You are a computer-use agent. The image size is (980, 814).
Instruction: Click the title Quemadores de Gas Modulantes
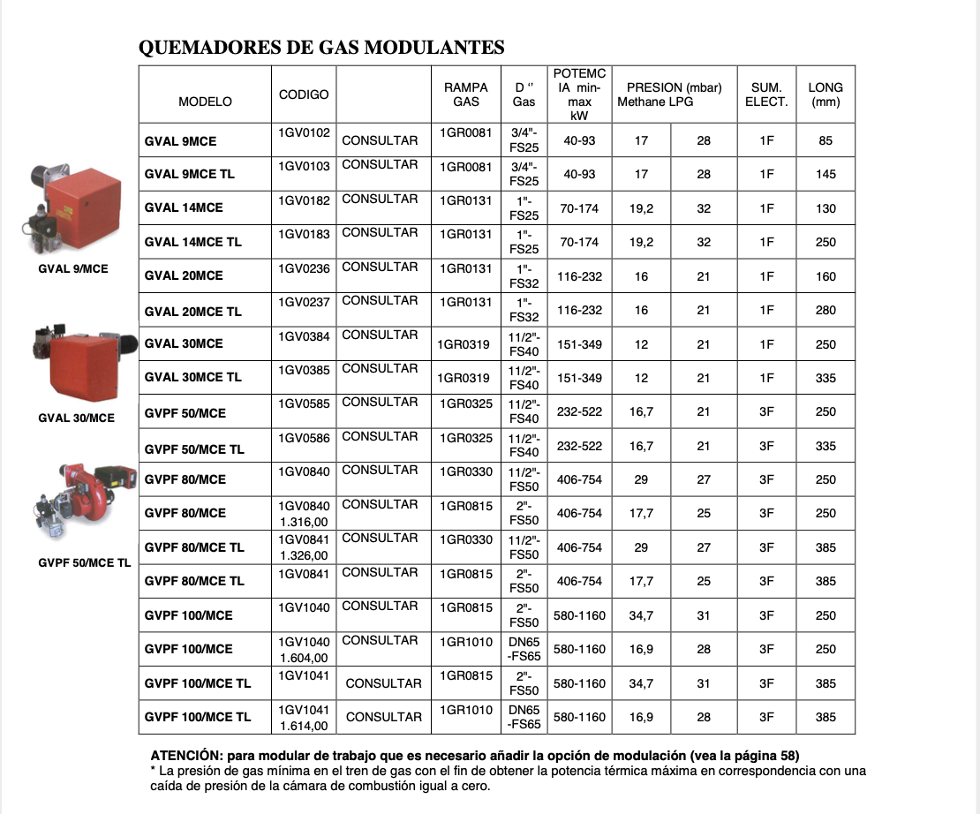(321, 48)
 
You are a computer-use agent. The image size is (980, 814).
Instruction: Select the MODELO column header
(205, 102)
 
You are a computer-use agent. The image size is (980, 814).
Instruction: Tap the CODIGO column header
(304, 94)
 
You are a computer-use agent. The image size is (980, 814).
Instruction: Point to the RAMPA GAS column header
(466, 94)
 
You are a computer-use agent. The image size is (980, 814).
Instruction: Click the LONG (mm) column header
(825, 94)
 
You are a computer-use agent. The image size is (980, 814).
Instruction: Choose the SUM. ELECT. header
(766, 94)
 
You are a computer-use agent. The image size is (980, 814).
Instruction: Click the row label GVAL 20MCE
(184, 275)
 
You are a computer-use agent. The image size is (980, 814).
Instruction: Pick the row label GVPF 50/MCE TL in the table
(194, 449)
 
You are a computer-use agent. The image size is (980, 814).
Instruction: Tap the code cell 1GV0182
(304, 200)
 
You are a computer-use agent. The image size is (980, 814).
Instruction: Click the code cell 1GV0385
(304, 370)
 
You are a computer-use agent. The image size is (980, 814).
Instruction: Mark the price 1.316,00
(304, 522)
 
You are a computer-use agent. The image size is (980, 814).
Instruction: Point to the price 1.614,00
(304, 726)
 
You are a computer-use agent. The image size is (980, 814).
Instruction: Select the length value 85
(825, 140)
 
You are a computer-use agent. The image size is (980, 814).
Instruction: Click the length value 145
(825, 174)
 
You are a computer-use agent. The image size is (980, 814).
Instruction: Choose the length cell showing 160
(825, 276)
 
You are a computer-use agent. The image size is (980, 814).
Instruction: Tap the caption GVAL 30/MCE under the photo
(76, 418)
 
